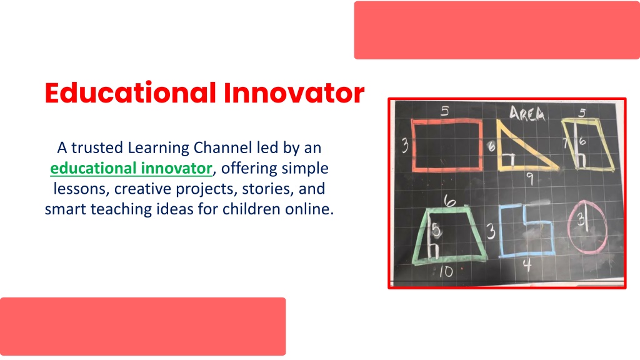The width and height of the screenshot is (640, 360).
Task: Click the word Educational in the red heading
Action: point(130,92)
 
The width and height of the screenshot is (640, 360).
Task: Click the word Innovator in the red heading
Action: point(294,92)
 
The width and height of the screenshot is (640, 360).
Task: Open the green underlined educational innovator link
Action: point(131,168)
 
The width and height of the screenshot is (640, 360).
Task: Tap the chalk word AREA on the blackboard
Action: point(527,114)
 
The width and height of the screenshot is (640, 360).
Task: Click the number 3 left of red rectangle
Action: point(404,145)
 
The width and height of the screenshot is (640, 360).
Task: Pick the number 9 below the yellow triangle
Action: point(530,178)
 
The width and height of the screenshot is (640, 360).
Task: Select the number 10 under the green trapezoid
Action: point(446,271)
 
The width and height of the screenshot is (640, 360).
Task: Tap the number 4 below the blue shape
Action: point(527,265)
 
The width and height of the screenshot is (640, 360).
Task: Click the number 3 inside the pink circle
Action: point(581,220)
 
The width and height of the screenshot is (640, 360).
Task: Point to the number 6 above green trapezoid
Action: point(449,201)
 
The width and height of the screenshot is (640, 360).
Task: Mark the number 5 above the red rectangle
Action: point(445,111)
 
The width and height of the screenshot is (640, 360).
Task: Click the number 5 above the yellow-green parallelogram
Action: point(582,112)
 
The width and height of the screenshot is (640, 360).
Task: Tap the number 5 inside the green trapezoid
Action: point(436,231)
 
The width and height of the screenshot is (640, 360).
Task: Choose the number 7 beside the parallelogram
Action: point(566,143)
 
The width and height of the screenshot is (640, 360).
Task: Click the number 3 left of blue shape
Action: point(491,231)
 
